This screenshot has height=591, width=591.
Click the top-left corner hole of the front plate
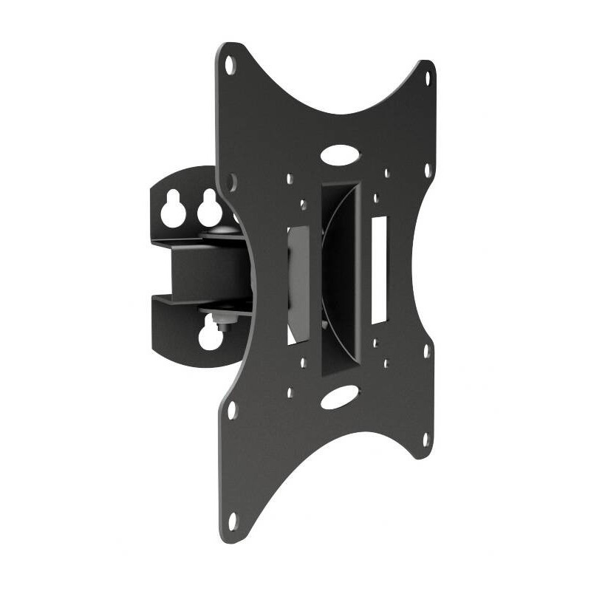[230, 64]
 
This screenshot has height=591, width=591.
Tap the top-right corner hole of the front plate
[426, 75]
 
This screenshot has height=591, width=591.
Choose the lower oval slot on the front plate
[339, 397]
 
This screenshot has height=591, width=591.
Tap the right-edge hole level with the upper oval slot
[427, 169]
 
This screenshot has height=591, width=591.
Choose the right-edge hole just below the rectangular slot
[426, 351]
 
